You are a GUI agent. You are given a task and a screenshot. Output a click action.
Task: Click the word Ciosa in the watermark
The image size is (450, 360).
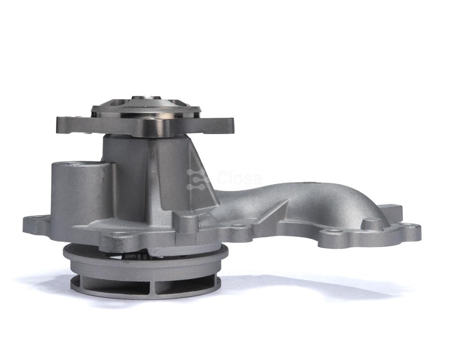tap(238, 179)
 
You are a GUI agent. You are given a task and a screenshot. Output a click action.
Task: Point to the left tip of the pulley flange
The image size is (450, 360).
tap(58, 121)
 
